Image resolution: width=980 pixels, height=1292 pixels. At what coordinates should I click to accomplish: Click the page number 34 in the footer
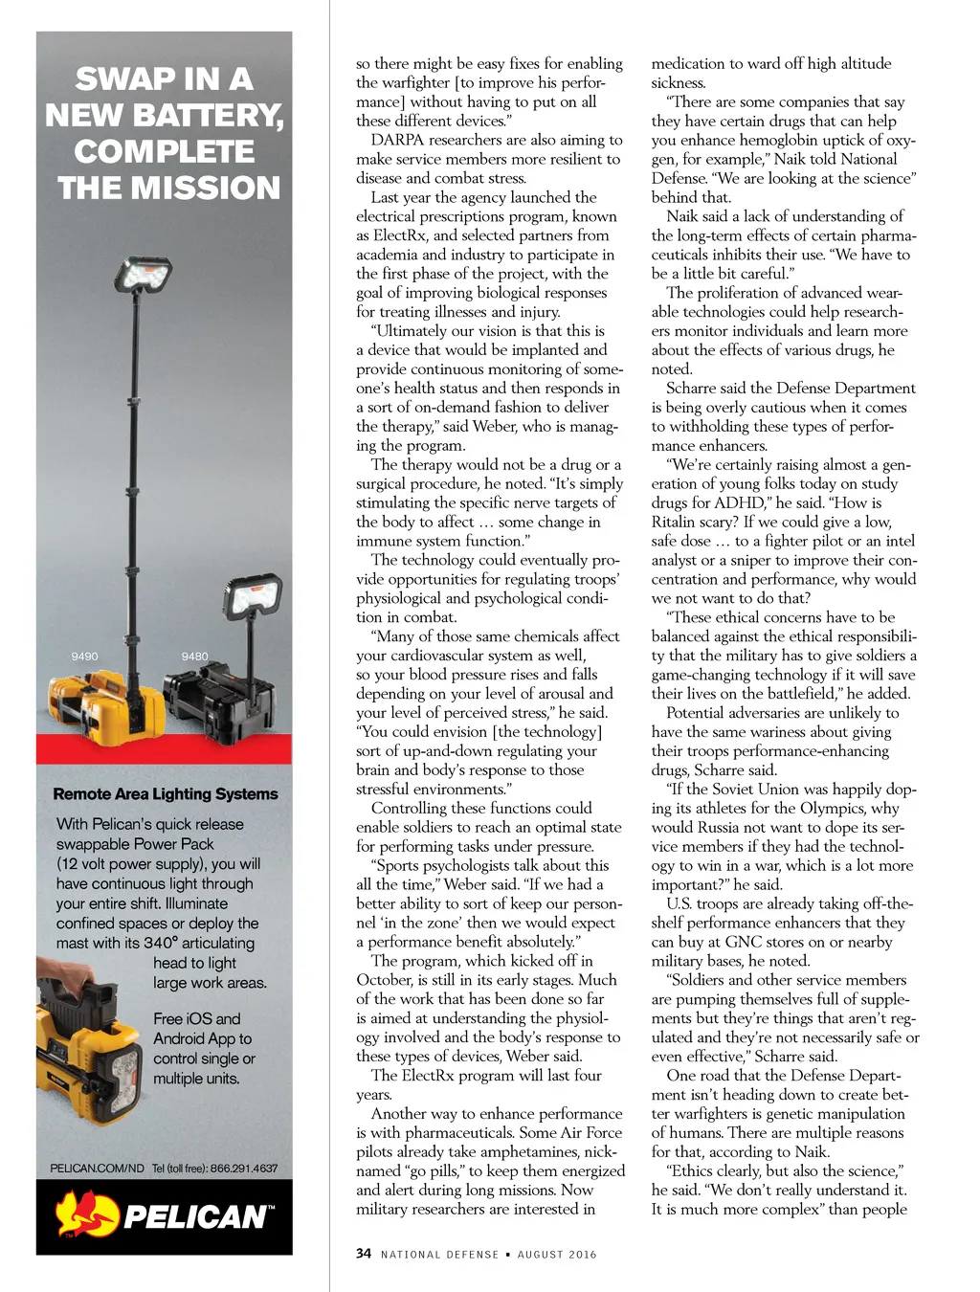(x=364, y=1253)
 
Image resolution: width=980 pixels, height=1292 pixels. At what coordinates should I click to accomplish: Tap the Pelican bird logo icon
(x=85, y=1214)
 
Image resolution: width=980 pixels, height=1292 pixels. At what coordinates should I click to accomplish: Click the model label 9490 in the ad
(x=84, y=656)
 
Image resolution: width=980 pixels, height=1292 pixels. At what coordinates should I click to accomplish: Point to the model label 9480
(x=194, y=656)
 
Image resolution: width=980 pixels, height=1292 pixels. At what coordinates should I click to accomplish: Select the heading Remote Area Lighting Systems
(x=166, y=793)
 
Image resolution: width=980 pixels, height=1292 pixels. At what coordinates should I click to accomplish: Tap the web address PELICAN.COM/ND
(x=97, y=1168)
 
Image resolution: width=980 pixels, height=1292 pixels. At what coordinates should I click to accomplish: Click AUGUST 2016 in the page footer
(x=557, y=1254)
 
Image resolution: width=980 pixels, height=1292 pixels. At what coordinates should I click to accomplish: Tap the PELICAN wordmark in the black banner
(x=197, y=1216)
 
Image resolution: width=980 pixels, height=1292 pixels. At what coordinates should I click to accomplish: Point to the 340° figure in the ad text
(x=160, y=943)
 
